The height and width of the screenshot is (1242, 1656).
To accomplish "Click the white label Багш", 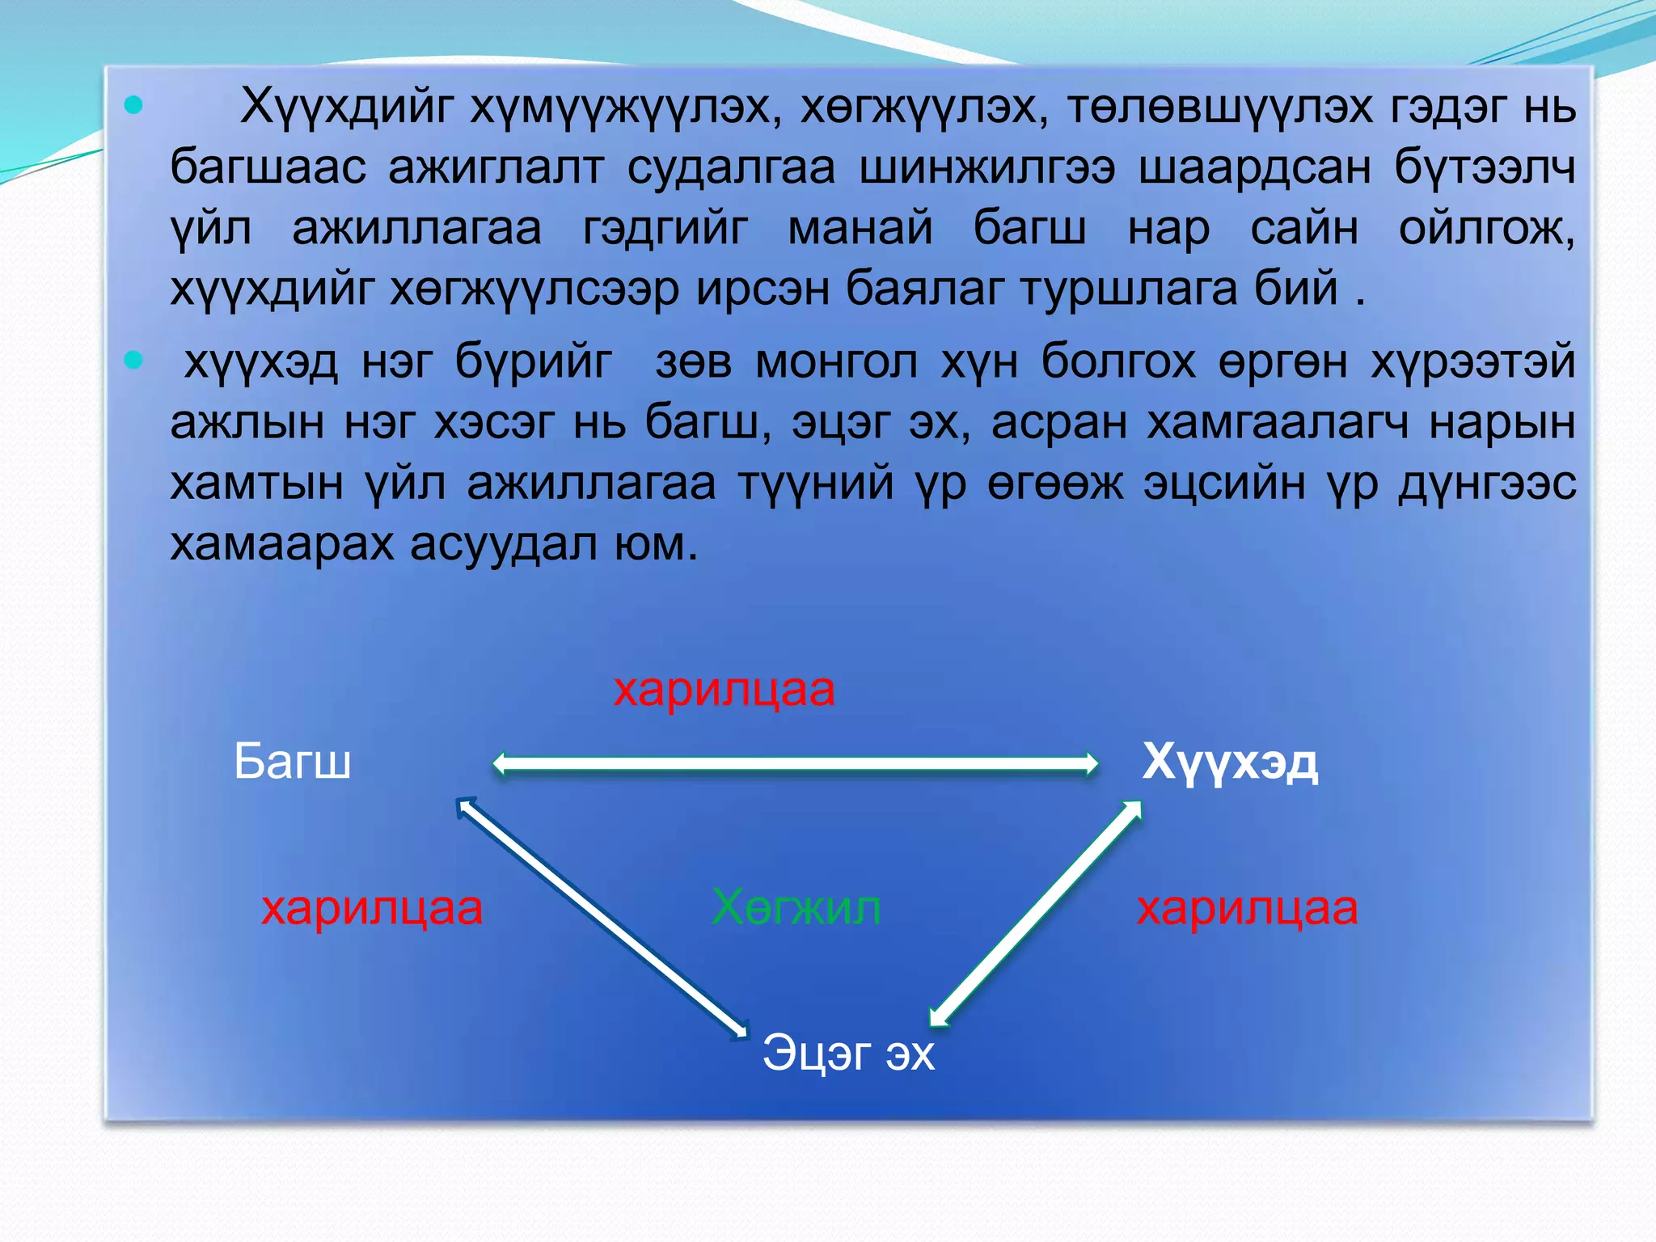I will tap(292, 762).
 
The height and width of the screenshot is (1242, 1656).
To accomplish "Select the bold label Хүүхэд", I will tap(1230, 763).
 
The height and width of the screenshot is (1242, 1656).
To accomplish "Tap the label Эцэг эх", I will tap(848, 1053).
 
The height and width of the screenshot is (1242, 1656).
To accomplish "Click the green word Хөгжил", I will tap(796, 908).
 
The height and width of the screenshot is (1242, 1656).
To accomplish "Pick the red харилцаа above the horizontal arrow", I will tap(724, 690).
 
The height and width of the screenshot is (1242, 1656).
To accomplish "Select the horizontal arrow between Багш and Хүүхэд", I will tap(796, 763).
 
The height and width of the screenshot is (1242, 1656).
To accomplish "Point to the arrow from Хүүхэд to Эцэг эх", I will tap(1036, 914).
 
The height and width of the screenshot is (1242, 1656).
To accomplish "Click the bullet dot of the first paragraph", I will tap(134, 104).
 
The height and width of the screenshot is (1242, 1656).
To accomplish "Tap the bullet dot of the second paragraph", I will tap(134, 360).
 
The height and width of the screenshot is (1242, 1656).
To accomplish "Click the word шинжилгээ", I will tap(986, 167).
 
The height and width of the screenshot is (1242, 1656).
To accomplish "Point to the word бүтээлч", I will tap(1485, 167).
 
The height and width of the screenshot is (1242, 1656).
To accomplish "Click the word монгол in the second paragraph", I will tap(837, 361).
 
